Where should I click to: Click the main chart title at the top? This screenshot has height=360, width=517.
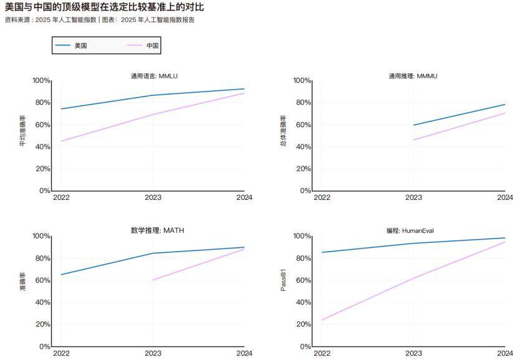click(x=104, y=7)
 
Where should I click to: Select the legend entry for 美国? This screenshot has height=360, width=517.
click(x=80, y=45)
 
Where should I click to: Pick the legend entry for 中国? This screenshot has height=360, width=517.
click(x=153, y=45)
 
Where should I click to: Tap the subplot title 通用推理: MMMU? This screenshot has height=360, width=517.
click(x=413, y=76)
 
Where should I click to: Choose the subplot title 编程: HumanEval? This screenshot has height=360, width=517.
click(x=410, y=230)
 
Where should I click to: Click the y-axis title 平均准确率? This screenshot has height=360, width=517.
click(x=23, y=131)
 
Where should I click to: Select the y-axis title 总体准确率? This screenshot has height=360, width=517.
click(x=283, y=131)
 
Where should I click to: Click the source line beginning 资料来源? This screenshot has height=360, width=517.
click(x=100, y=20)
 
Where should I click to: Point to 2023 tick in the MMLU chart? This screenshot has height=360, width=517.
click(x=153, y=197)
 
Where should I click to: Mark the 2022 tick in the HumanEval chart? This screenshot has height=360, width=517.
click(x=322, y=353)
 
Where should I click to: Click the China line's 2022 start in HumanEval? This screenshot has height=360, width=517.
click(x=322, y=320)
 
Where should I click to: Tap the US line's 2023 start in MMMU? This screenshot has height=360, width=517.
click(x=414, y=125)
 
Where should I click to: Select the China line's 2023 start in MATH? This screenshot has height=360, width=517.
click(x=153, y=280)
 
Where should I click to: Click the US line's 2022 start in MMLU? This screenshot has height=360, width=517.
click(x=61, y=109)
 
